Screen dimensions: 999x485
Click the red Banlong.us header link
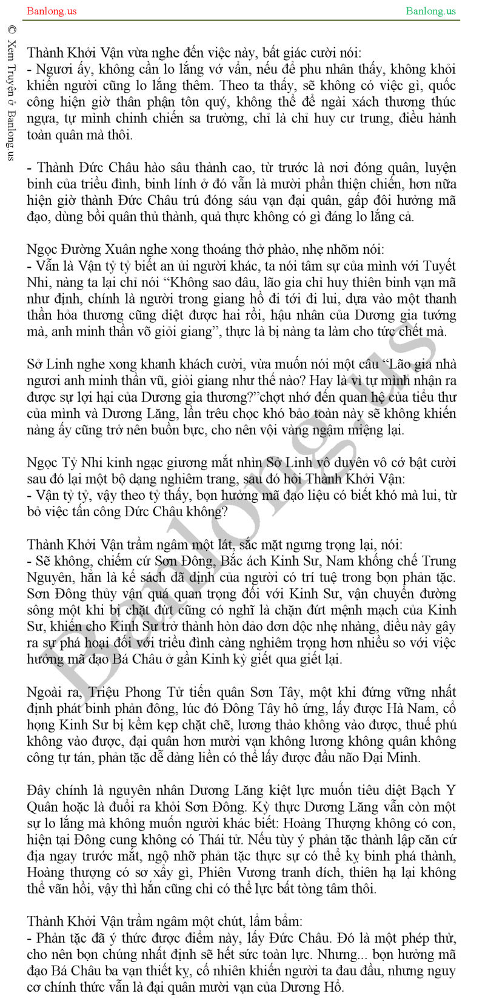[x=52, y=11]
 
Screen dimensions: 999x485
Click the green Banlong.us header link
[x=430, y=11]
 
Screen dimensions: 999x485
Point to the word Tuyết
[x=438, y=265]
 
